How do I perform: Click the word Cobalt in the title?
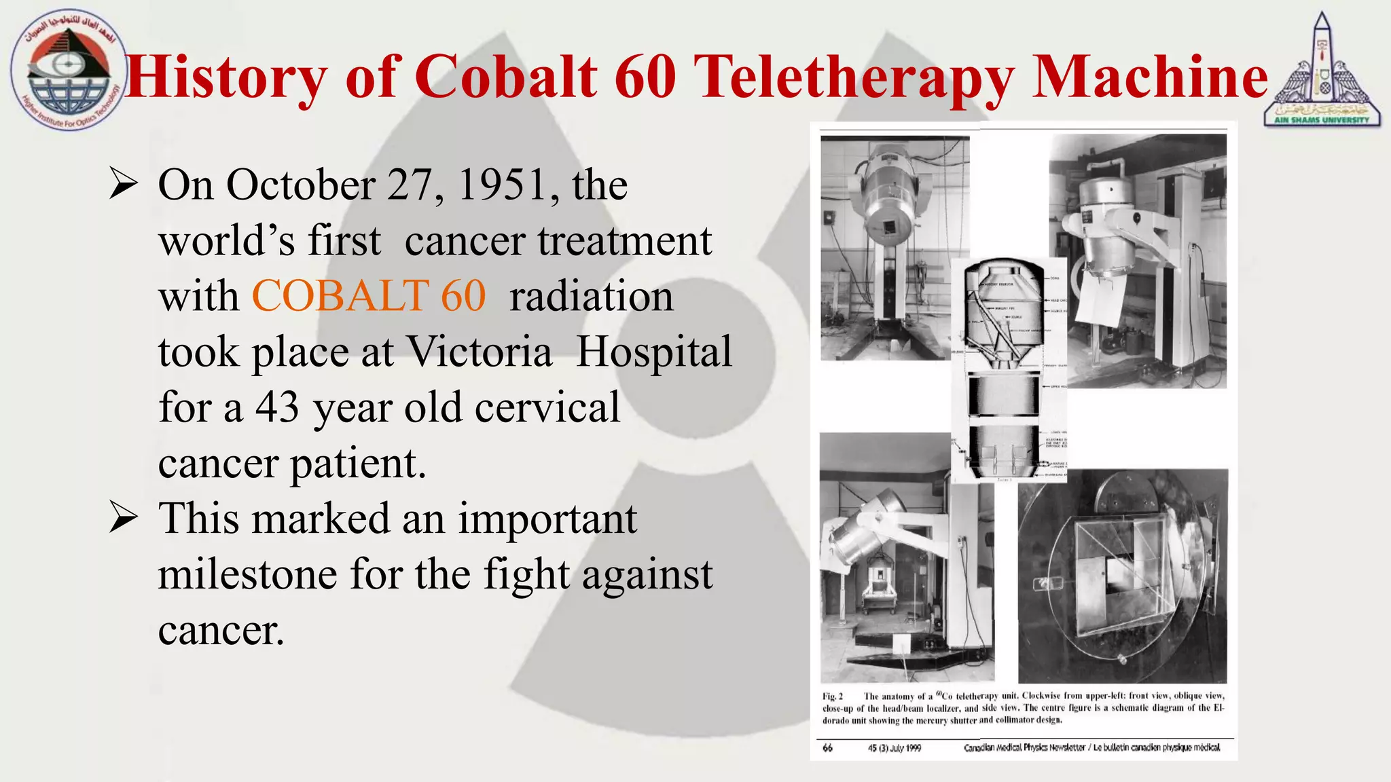tap(505, 77)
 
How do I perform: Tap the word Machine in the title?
tap(1149, 77)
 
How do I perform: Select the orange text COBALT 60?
tap(369, 296)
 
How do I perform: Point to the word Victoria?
tap(479, 352)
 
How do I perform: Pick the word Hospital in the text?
tap(654, 352)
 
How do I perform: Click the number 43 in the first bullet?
tap(277, 407)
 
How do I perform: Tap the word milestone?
tap(247, 574)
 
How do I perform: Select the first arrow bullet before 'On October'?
tap(124, 185)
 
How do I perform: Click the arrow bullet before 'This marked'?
tap(124, 519)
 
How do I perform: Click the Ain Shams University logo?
tap(1322, 71)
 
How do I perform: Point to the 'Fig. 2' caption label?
tap(832, 696)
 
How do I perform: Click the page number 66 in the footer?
tap(827, 748)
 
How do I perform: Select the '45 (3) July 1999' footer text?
tap(894, 748)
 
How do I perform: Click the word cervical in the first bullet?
tap(547, 407)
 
